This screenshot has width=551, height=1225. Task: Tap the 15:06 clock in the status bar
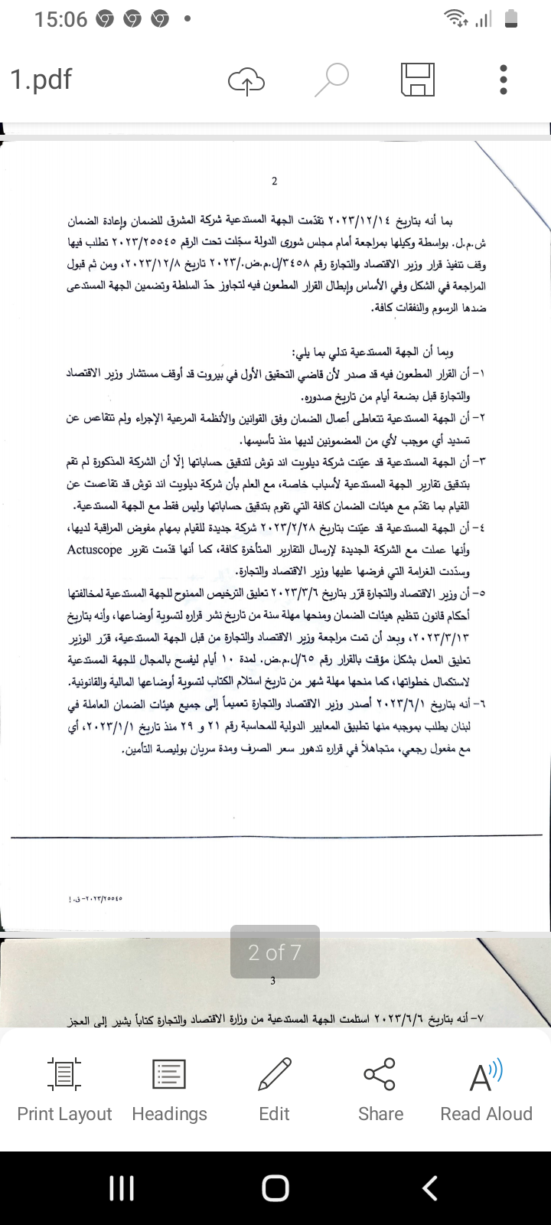(61, 20)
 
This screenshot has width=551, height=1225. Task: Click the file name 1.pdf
(41, 79)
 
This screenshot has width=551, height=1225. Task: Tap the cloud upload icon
(246, 80)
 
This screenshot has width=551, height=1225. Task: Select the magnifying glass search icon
(333, 80)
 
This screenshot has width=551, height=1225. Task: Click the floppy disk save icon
(418, 80)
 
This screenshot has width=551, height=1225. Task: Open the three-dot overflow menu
(503, 80)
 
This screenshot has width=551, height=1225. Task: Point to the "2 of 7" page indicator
(275, 952)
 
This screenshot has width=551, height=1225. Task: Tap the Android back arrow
(430, 1188)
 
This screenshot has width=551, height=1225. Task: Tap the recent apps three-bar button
(122, 1188)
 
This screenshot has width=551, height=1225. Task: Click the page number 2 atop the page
(275, 181)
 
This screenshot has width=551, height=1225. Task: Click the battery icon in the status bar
(512, 20)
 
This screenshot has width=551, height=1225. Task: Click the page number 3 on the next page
(273, 981)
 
